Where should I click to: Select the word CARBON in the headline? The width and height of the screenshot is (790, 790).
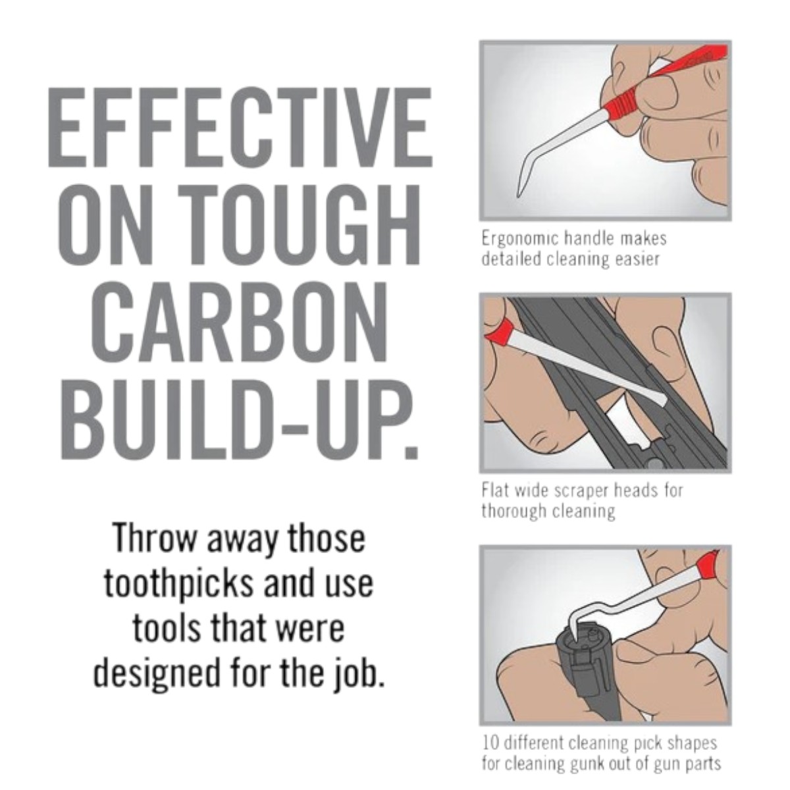click(239, 323)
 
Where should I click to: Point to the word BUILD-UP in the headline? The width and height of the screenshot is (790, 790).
click(240, 421)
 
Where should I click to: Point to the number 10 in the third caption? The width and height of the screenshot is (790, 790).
click(490, 743)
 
